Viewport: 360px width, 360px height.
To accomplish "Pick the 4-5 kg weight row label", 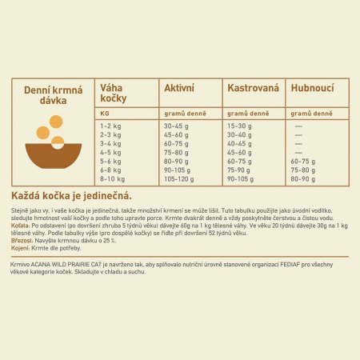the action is pos(110,152).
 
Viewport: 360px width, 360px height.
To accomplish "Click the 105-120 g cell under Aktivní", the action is pos(179,178).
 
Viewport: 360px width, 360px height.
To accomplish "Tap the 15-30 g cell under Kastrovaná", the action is pos(240,126).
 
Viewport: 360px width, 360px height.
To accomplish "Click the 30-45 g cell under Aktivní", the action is pos(176,126).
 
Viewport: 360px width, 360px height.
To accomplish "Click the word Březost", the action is pos(22,240).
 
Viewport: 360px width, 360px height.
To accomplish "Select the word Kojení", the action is pos(20,247).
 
